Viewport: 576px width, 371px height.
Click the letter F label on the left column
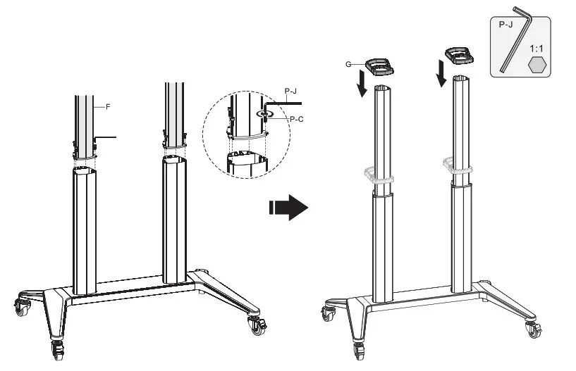(109, 107)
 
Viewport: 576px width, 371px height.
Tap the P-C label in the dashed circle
(296, 120)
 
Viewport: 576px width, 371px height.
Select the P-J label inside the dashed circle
(290, 92)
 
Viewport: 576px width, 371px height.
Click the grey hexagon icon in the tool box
(537, 66)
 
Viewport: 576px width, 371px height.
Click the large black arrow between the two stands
(289, 208)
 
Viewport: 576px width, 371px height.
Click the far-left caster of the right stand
(329, 313)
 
